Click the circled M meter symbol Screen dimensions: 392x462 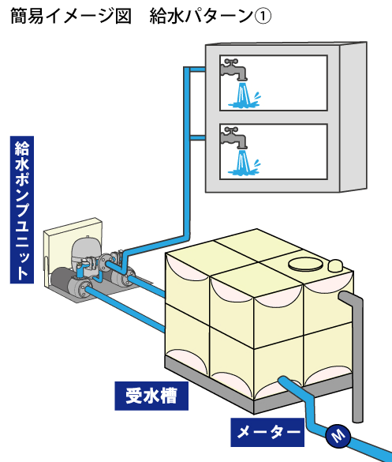(x=338, y=436)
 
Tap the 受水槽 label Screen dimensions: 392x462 (x=151, y=396)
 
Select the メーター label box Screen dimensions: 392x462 (x=267, y=432)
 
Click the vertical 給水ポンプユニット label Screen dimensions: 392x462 (x=22, y=209)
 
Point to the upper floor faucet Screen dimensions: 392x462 (x=233, y=69)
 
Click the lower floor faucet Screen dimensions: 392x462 (x=233, y=138)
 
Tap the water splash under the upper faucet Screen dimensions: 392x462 (x=244, y=96)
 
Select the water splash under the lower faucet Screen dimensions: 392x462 (x=244, y=163)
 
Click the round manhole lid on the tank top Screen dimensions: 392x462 (x=305, y=264)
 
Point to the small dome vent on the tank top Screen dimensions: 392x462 (x=335, y=265)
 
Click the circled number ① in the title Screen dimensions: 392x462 (x=263, y=17)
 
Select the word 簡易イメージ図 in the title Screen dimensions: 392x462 (x=71, y=17)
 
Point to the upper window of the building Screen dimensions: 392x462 (x=274, y=83)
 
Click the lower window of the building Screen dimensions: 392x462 (x=274, y=152)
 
